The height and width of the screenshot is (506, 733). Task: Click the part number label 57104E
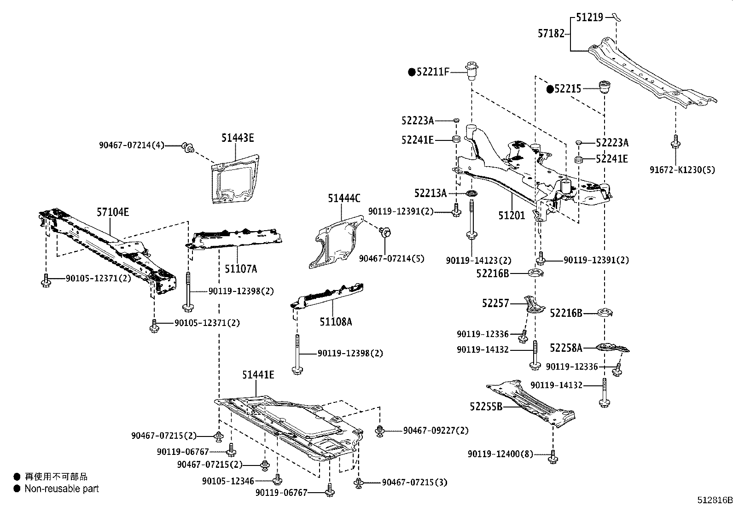pyautogui.click(x=113, y=212)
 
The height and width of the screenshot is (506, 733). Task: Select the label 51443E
pyautogui.click(x=237, y=137)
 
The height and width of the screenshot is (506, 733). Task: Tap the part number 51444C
pyautogui.click(x=344, y=198)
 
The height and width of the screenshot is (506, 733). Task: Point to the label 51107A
pyautogui.click(x=241, y=268)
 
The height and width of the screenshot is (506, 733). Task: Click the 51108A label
pyautogui.click(x=336, y=322)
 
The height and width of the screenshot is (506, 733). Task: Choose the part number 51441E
pyautogui.click(x=258, y=375)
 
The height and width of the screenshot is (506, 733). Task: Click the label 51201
pyautogui.click(x=512, y=215)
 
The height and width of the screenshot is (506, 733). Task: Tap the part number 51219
pyautogui.click(x=589, y=17)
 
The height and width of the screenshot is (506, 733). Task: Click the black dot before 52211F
pyautogui.click(x=412, y=72)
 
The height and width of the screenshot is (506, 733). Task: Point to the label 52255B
pyautogui.click(x=486, y=407)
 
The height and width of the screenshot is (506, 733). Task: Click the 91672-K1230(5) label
pyautogui.click(x=682, y=170)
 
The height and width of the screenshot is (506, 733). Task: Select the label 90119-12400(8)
pyautogui.click(x=500, y=454)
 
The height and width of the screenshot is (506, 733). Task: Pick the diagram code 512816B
pyautogui.click(x=714, y=500)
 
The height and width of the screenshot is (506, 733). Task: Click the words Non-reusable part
pyautogui.click(x=62, y=489)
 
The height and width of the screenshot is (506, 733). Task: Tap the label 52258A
pyautogui.click(x=566, y=348)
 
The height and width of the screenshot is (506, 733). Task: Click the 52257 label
pyautogui.click(x=495, y=303)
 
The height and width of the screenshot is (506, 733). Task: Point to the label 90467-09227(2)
pyautogui.click(x=436, y=430)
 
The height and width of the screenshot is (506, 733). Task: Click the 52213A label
pyautogui.click(x=430, y=193)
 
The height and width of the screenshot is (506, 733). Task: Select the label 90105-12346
pyautogui.click(x=228, y=481)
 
